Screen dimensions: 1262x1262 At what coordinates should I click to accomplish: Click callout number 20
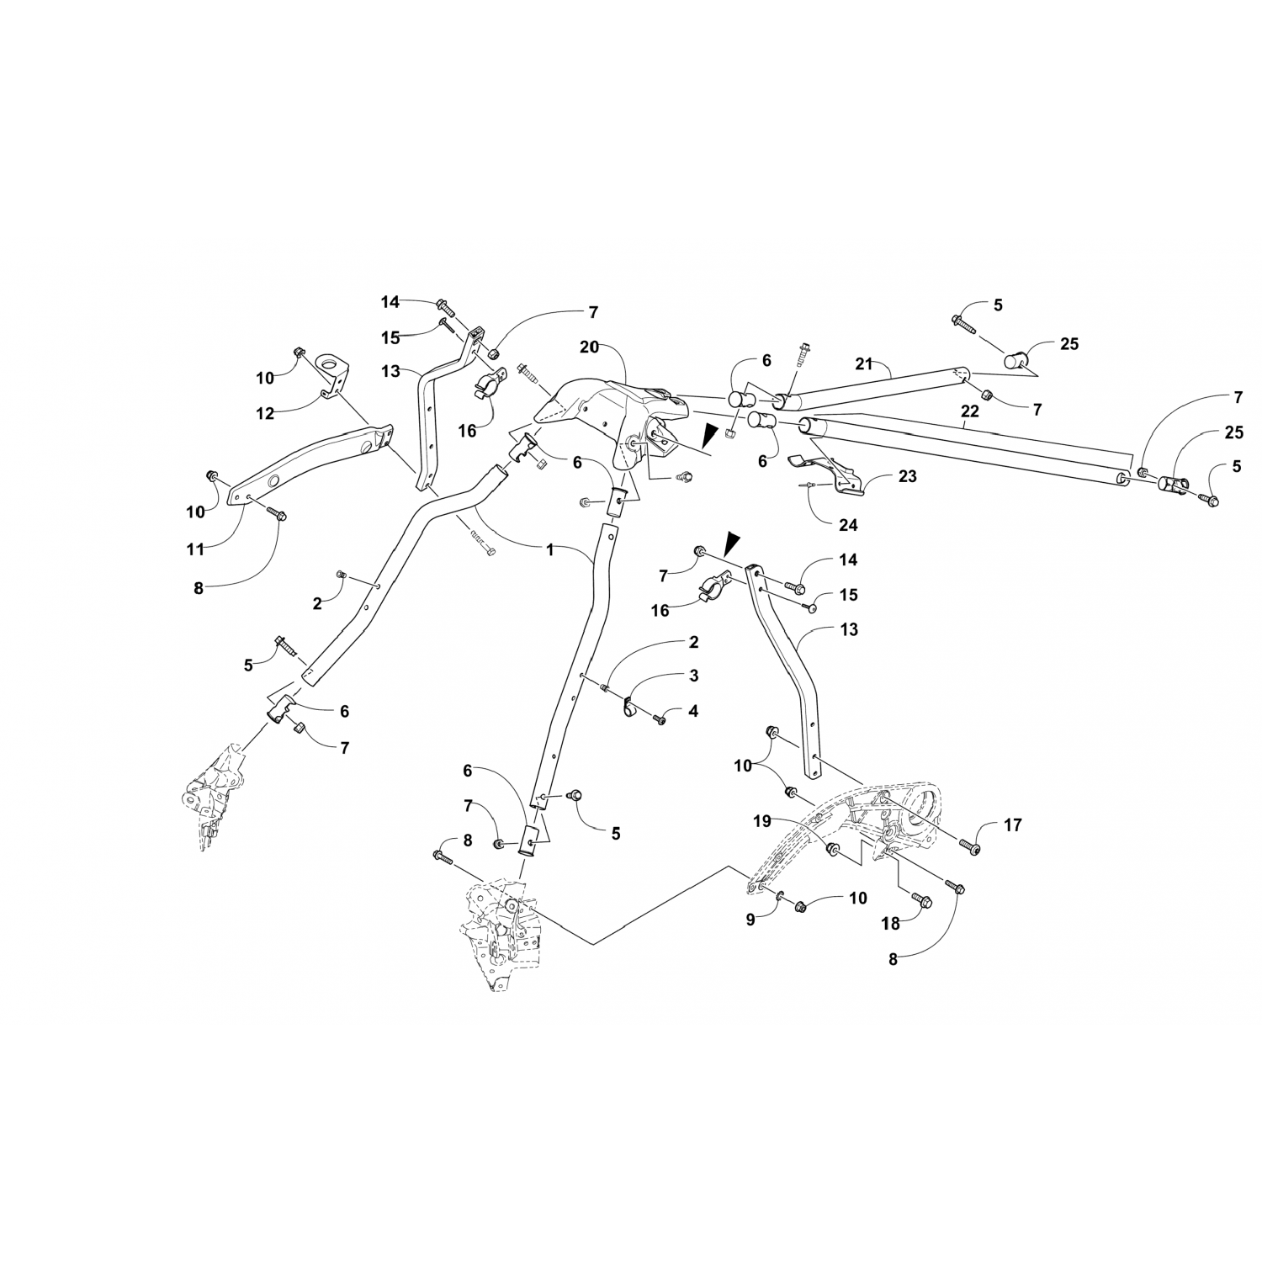click(590, 347)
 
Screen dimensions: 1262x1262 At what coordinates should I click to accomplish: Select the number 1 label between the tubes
click(550, 549)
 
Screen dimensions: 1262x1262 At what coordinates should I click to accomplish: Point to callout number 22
click(970, 411)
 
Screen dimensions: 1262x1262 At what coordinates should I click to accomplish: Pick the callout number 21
click(865, 363)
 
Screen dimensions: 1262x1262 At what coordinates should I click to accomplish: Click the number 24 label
click(848, 525)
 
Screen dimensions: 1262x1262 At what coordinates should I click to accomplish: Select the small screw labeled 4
click(659, 719)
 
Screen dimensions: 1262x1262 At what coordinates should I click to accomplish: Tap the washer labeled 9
click(779, 894)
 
